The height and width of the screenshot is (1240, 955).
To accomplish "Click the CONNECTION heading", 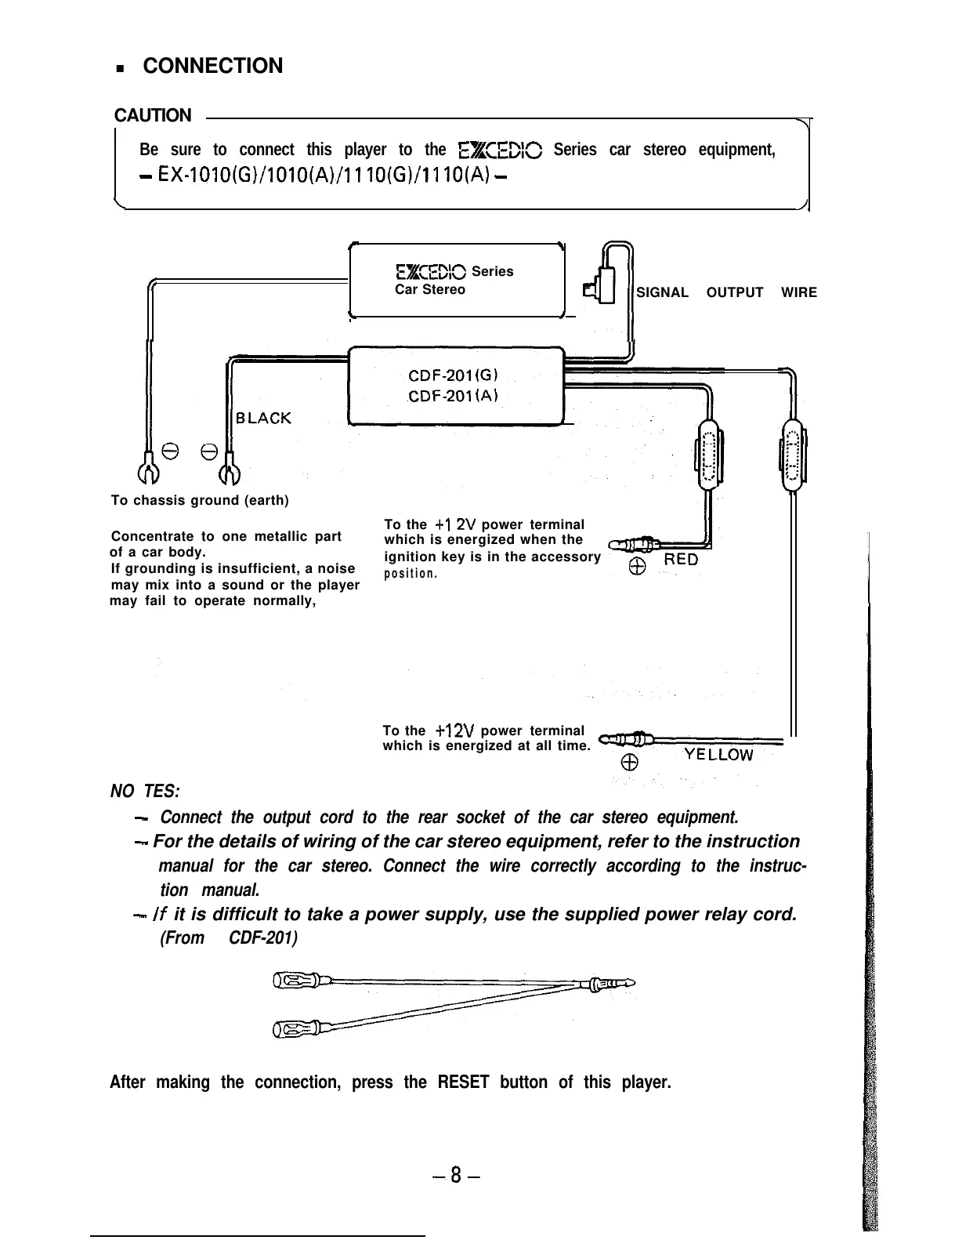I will point(212,66).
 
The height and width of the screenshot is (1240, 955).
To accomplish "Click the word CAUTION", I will point(153,115).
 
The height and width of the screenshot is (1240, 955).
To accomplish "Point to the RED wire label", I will point(681,560).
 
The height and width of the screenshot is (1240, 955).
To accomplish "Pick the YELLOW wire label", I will point(718,755).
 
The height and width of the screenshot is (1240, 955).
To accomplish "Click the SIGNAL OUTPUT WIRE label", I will point(726,292).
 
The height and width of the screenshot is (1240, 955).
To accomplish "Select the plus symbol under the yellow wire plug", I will point(629,763).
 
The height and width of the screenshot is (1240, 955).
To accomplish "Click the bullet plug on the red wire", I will point(633,542).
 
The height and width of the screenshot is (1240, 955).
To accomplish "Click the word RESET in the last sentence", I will point(463,1082).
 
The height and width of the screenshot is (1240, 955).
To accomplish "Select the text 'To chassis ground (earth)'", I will point(200,500).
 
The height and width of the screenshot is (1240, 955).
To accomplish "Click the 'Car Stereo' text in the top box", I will point(429,290).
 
